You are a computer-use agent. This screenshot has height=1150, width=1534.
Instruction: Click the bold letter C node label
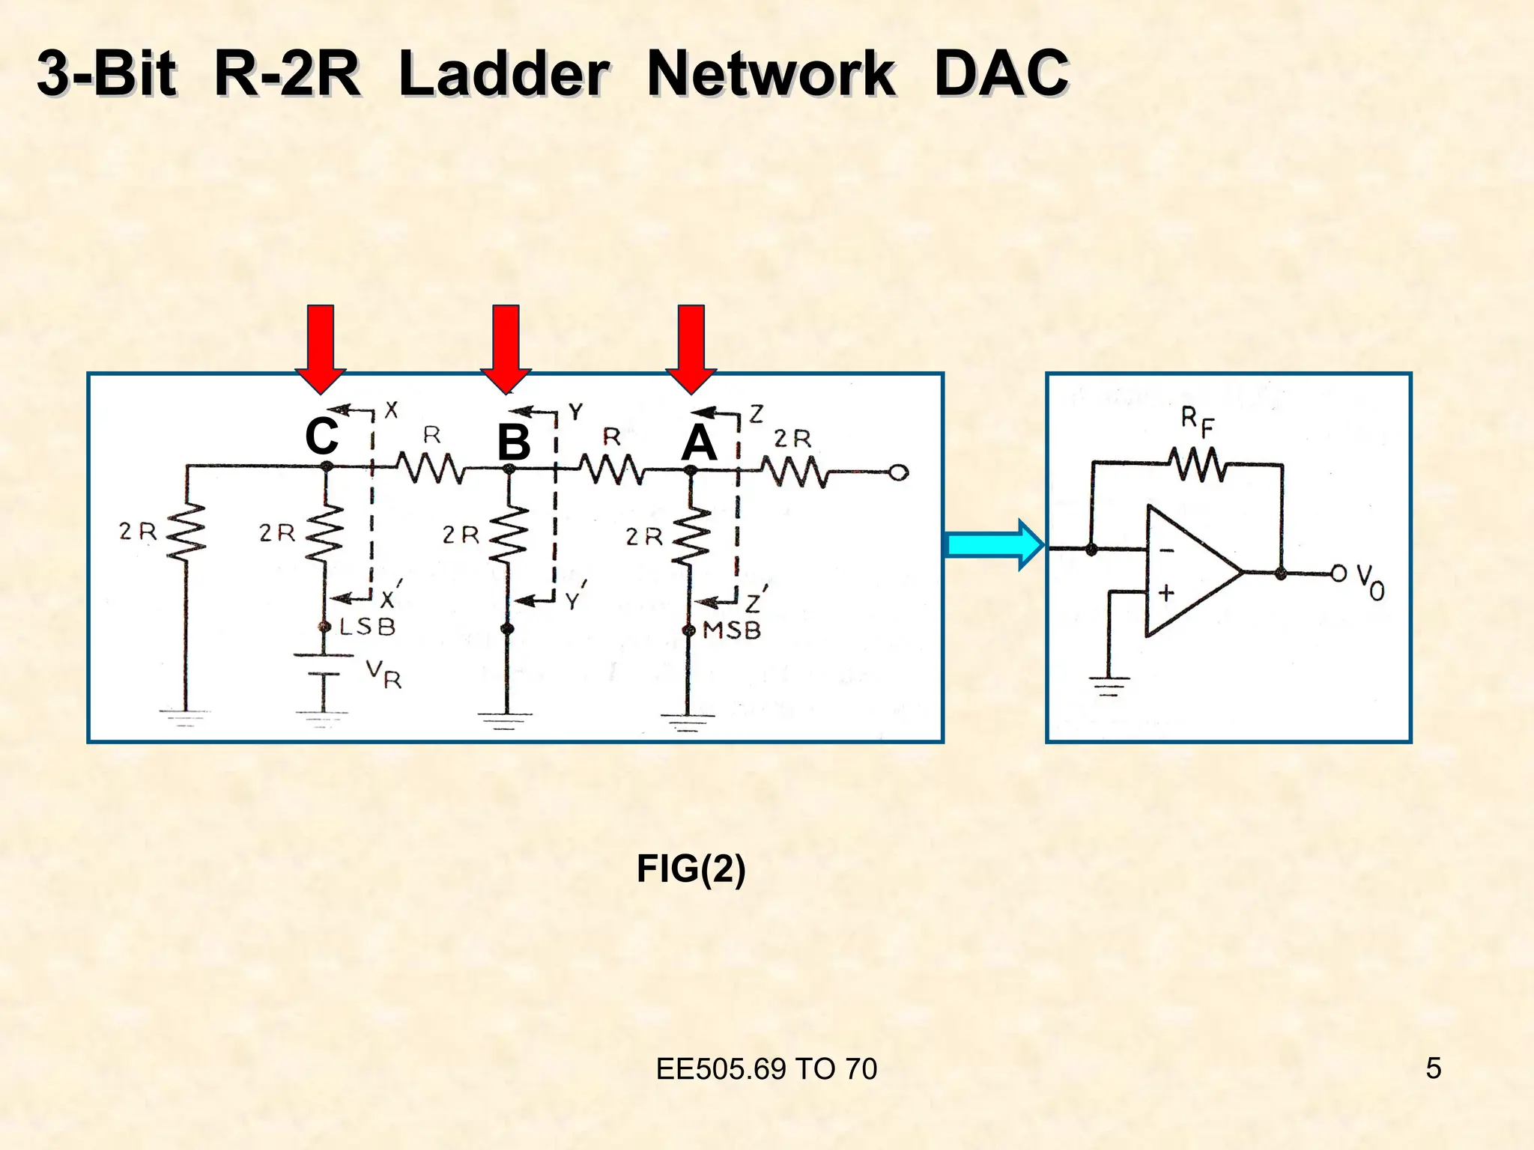[x=321, y=436]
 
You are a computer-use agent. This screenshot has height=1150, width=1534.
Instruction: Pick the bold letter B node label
[x=514, y=442]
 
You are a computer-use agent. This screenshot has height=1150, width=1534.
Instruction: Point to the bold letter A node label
[x=698, y=442]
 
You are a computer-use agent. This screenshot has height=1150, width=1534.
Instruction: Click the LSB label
[x=367, y=627]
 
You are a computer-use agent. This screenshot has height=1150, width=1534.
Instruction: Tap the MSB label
[x=731, y=630]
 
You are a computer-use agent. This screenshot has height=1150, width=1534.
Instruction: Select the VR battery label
[x=384, y=674]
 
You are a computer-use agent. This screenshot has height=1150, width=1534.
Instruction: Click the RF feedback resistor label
[x=1197, y=422]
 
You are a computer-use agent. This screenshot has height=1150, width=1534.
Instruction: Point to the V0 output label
[x=1370, y=582]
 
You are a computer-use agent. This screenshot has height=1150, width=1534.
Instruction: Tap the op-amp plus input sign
[x=1166, y=594]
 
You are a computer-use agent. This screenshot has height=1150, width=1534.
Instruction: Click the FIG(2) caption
[x=691, y=869]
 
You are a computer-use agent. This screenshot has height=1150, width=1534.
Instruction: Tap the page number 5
[x=1433, y=1068]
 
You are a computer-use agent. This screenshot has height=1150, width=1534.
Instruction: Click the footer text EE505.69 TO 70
[x=766, y=1069]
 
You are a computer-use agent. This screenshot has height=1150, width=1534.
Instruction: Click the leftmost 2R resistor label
[x=138, y=532]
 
